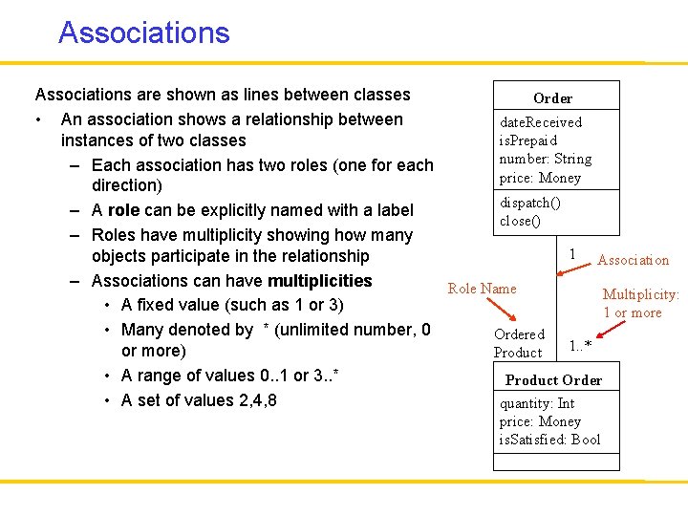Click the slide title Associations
pyautogui.click(x=143, y=32)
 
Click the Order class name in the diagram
pyautogui.click(x=552, y=98)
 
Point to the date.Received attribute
pyautogui.click(x=541, y=122)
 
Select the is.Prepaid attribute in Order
pyautogui.click(x=528, y=140)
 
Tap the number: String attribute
pyautogui.click(x=545, y=159)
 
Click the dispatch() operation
pyautogui.click(x=530, y=203)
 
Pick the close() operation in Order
pyautogui.click(x=520, y=221)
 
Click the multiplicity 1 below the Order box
pyautogui.click(x=571, y=253)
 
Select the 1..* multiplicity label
pyautogui.click(x=580, y=345)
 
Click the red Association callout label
pyautogui.click(x=633, y=260)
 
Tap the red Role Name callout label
pyautogui.click(x=482, y=289)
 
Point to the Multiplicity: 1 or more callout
pyautogui.click(x=639, y=304)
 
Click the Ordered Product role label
pyautogui.click(x=519, y=343)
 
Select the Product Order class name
pyautogui.click(x=553, y=380)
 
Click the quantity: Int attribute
pyautogui.click(x=537, y=403)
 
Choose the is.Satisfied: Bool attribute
pyautogui.click(x=549, y=440)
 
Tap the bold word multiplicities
pyautogui.click(x=320, y=281)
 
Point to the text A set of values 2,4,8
pyautogui.click(x=199, y=400)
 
